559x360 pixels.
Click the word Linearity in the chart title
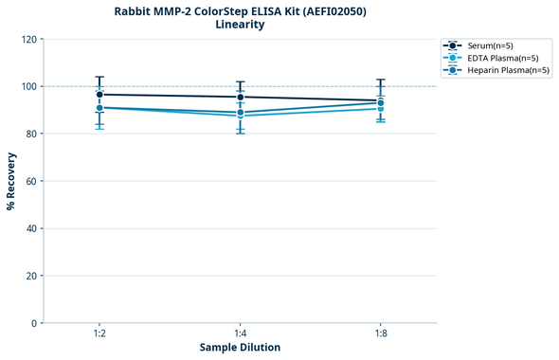[240, 25]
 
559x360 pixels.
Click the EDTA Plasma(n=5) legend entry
[502, 58]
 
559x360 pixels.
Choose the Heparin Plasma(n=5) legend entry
[508, 70]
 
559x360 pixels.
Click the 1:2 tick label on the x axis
[99, 333]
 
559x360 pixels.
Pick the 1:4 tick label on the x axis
[240, 333]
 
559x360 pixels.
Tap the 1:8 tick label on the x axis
[381, 333]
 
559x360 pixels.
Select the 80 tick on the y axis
[30, 134]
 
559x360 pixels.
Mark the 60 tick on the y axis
[30, 181]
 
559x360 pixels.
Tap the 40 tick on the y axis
[30, 228]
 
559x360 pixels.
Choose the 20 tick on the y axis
[30, 276]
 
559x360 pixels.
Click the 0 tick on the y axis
[34, 323]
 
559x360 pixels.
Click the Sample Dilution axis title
[240, 348]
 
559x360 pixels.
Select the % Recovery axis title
[11, 181]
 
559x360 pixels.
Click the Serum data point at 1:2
[99, 95]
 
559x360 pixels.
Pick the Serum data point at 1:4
[240, 97]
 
